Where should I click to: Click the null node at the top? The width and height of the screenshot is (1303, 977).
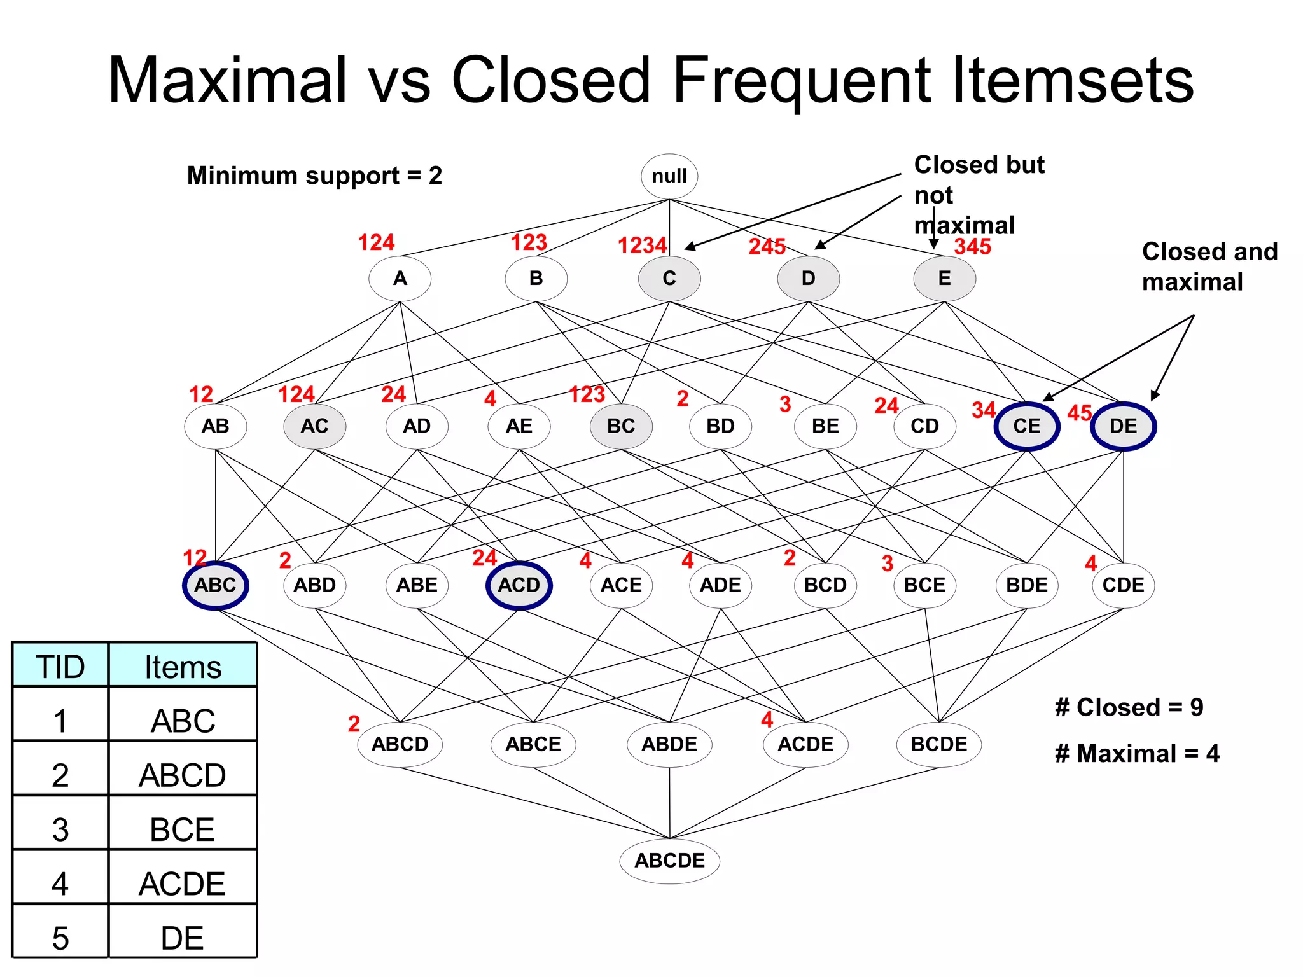[669, 176]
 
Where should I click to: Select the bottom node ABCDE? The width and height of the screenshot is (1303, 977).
[669, 861]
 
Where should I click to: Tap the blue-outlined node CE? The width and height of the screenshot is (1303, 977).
[1026, 426]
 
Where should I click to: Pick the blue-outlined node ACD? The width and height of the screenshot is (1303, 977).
[519, 585]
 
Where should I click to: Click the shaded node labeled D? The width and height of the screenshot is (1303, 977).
[808, 278]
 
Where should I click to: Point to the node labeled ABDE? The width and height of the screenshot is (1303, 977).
[669, 744]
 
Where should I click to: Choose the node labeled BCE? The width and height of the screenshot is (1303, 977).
[924, 585]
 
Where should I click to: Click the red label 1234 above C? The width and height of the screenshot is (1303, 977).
[642, 246]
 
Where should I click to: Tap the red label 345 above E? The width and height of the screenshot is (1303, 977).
[972, 247]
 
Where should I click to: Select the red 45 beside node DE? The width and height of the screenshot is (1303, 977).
[1079, 413]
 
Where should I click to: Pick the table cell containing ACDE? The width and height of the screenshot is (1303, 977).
[183, 883]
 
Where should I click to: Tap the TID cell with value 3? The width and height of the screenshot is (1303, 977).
[60, 829]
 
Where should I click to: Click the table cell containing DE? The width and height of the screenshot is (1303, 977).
[183, 938]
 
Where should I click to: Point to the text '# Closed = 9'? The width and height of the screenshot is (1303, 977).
[1129, 707]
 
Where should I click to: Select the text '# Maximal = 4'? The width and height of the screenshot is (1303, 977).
[1136, 754]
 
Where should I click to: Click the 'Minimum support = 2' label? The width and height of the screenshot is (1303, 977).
[314, 176]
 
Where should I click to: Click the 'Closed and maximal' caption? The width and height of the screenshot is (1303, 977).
[1209, 267]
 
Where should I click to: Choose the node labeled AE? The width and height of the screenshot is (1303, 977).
[519, 426]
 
